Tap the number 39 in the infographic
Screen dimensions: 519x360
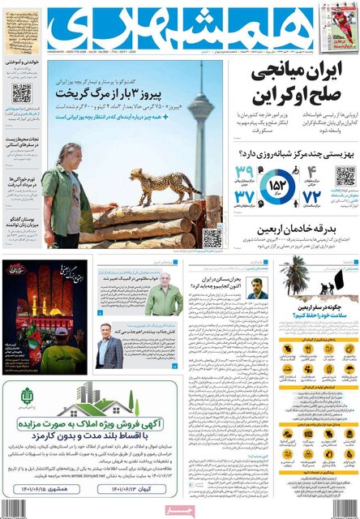(246, 172)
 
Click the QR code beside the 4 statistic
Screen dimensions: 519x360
(345, 175)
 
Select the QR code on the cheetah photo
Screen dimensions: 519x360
(212, 238)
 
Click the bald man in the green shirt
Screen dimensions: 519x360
(164, 297)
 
